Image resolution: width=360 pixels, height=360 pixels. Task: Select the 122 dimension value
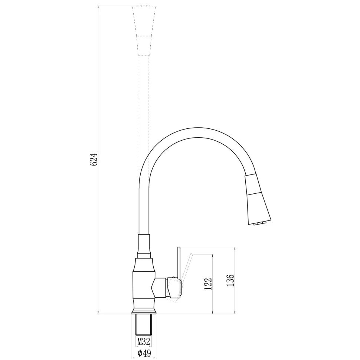tap(208, 284)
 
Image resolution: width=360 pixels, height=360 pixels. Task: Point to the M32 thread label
tap(144, 342)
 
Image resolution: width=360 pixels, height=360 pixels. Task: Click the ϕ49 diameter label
tap(144, 353)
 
